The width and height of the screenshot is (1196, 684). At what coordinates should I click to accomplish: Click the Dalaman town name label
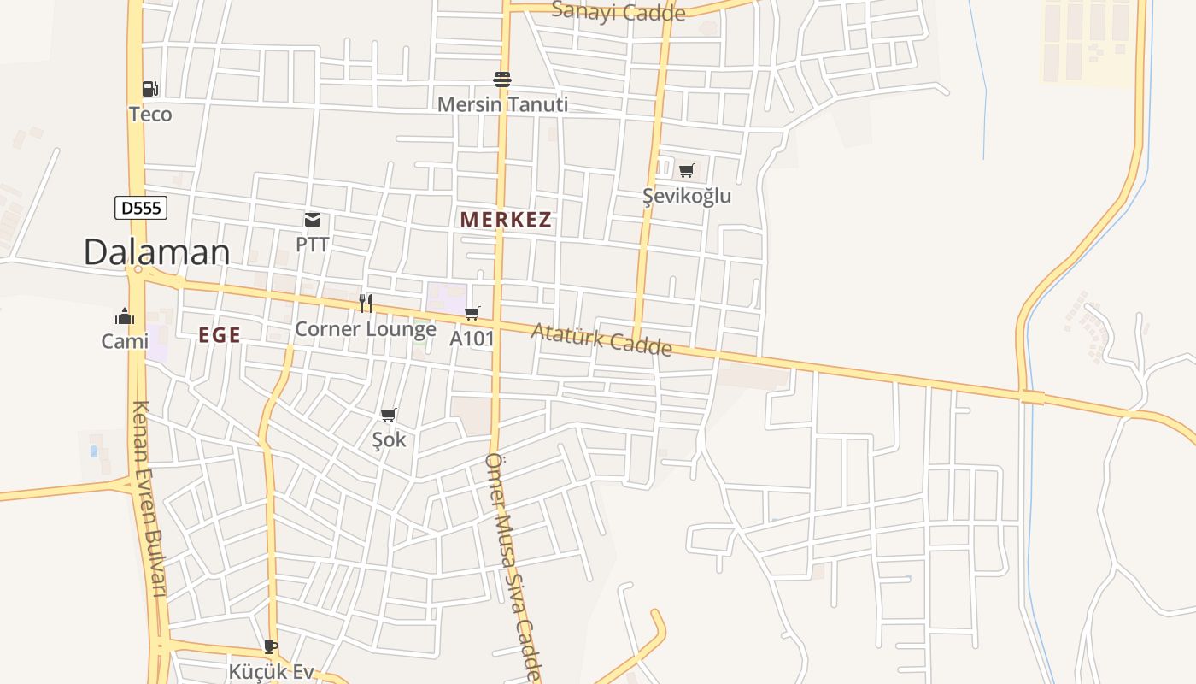[x=156, y=252]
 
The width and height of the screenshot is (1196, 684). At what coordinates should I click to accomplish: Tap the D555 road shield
[x=141, y=208]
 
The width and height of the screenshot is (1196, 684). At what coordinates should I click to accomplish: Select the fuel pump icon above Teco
[x=149, y=89]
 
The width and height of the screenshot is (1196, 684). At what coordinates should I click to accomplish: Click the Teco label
[x=150, y=115]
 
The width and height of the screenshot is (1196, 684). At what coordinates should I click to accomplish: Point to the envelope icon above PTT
[x=313, y=221]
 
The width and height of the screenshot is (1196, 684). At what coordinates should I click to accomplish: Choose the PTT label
[x=313, y=245]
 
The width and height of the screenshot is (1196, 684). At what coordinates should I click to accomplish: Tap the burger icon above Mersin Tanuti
[x=502, y=80]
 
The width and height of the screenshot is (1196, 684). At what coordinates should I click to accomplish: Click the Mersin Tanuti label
[x=502, y=105]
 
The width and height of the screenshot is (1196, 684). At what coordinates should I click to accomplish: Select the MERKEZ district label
[x=506, y=220]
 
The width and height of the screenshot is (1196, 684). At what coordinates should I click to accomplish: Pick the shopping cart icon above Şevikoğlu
[x=687, y=170]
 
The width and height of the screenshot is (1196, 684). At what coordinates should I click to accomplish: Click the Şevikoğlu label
[x=687, y=196]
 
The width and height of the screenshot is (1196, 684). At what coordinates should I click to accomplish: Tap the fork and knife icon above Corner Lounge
[x=366, y=304]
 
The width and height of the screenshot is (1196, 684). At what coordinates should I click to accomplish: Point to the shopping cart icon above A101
[x=472, y=314]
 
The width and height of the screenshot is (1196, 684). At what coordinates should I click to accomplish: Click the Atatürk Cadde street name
[x=601, y=339]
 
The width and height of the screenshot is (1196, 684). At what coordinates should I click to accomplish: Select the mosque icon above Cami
[x=125, y=317]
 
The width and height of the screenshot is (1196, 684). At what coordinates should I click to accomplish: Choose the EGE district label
[x=220, y=336]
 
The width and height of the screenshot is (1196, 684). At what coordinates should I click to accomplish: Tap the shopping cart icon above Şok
[x=389, y=416]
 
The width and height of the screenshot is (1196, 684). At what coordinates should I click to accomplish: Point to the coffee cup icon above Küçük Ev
[x=271, y=647]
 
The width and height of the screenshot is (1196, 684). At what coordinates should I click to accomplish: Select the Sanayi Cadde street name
[x=619, y=12]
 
